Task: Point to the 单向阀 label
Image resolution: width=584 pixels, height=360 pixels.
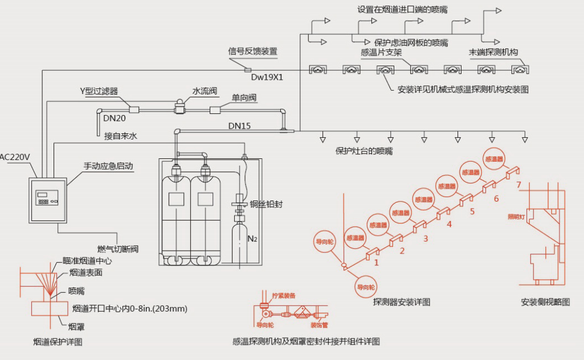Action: click(244, 98)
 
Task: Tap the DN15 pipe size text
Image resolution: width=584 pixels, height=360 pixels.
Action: click(239, 125)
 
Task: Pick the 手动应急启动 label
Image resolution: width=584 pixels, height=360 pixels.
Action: click(108, 166)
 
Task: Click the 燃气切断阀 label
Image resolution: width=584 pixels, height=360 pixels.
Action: click(118, 249)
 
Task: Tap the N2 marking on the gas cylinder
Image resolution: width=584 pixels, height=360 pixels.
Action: click(252, 238)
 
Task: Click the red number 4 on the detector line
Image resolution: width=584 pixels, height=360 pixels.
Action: click(449, 224)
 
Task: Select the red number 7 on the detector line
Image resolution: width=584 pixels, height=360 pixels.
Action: click(518, 185)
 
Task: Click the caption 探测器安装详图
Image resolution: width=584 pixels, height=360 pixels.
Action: click(401, 301)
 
